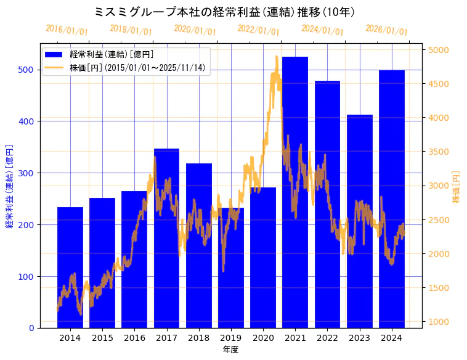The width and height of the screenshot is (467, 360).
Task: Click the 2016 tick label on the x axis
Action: [x=134, y=337]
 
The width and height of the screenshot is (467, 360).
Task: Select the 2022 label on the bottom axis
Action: [x=327, y=337]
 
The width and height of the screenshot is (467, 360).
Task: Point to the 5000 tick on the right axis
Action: [x=439, y=50]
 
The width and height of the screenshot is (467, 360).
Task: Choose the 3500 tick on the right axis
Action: [x=439, y=152]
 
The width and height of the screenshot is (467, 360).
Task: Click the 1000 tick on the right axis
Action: [x=439, y=322]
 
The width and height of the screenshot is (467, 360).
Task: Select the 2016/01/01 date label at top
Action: [x=67, y=30]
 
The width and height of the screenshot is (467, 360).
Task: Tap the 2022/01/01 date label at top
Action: [x=259, y=30]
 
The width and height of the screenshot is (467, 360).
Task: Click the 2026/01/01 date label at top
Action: [x=387, y=30]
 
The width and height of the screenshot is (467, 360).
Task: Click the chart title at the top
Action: [x=225, y=12]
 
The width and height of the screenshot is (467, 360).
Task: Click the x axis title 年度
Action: [x=230, y=350]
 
